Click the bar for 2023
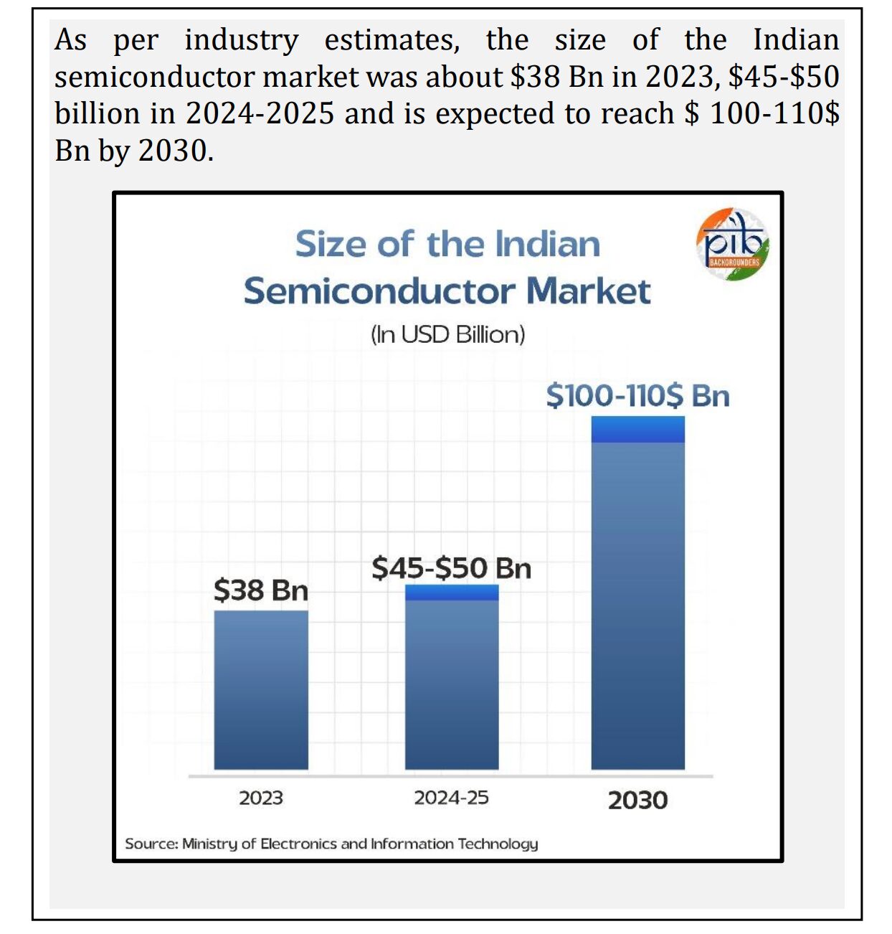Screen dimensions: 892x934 coord(260,689)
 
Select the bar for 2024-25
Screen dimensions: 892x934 coord(452,676)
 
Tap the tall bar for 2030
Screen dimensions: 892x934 coord(637,593)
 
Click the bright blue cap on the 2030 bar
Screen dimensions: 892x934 coord(637,429)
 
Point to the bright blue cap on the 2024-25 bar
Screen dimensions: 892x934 coord(452,593)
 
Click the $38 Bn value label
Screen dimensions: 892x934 coord(260,590)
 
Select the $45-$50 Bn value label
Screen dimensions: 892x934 coord(452,568)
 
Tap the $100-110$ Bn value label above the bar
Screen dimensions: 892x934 coord(637,396)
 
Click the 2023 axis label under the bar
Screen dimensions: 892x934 coord(261,798)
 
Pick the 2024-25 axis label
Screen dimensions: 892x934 coord(452,798)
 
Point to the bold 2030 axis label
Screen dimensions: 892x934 coord(637,801)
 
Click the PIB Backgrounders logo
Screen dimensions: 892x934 coord(733,245)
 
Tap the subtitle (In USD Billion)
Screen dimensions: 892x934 coord(447,334)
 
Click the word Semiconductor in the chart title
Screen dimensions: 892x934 coord(379,291)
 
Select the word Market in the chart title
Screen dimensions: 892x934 coord(589,291)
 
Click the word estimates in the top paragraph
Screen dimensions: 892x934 coord(392,40)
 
